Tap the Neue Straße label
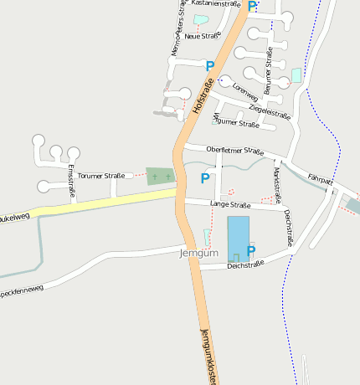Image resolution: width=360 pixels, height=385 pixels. pyautogui.click(x=203, y=36)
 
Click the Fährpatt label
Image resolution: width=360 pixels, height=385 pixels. pyautogui.click(x=320, y=179)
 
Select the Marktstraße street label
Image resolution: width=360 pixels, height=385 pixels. pyautogui.click(x=277, y=184)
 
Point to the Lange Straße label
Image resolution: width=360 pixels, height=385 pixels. pyautogui.click(x=230, y=204)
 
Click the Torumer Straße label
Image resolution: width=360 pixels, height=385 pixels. pyautogui.click(x=100, y=176)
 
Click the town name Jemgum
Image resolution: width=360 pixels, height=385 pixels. pyautogui.click(x=199, y=252)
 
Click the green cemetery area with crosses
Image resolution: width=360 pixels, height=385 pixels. pyautogui.click(x=160, y=176)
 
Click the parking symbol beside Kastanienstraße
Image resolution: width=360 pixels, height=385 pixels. pyautogui.click(x=252, y=6)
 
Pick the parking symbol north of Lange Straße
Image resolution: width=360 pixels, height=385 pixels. pyautogui.click(x=205, y=177)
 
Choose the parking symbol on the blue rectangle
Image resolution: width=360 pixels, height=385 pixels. pyautogui.click(x=250, y=249)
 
